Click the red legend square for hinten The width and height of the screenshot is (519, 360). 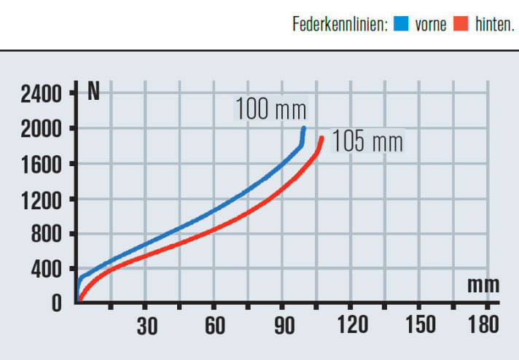[459, 25]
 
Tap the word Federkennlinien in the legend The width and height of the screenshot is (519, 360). [340, 25]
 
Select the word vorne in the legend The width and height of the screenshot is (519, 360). [430, 25]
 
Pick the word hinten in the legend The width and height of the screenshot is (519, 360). [493, 25]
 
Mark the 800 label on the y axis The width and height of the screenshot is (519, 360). [49, 235]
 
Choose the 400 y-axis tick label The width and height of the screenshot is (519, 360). [49, 270]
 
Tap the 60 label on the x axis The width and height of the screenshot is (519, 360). [214, 326]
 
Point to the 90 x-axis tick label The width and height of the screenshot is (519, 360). [283, 326]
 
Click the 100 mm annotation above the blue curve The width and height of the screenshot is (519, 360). [270, 109]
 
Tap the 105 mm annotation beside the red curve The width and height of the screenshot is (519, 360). [367, 141]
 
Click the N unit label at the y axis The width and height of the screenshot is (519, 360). [93, 92]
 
